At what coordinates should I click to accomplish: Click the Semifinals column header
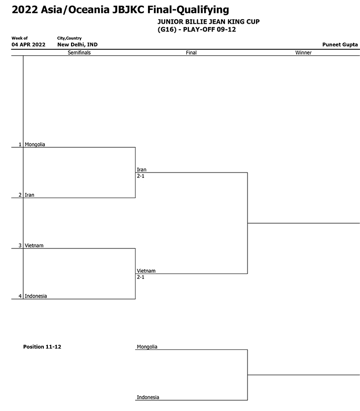(x=79, y=52)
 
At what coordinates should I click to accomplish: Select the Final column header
(x=191, y=52)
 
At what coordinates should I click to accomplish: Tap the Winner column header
(x=303, y=52)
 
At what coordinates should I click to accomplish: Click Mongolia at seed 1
(x=35, y=144)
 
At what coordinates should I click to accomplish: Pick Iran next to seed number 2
(x=30, y=195)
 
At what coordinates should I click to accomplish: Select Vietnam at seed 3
(x=34, y=245)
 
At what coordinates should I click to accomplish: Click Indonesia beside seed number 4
(x=36, y=296)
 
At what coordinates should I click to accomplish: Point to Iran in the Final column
(x=142, y=170)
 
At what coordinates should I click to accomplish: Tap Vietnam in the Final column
(x=146, y=271)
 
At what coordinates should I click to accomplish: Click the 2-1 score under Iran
(x=141, y=176)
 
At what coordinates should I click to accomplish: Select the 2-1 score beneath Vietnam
(x=141, y=277)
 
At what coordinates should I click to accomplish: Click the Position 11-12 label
(x=42, y=347)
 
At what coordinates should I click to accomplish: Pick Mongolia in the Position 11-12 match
(x=147, y=347)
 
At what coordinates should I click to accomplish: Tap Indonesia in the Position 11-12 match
(x=148, y=397)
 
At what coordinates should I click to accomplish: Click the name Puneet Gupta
(x=340, y=44)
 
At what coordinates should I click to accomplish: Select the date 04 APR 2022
(x=28, y=44)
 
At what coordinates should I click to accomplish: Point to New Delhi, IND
(x=77, y=44)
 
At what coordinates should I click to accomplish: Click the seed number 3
(x=20, y=245)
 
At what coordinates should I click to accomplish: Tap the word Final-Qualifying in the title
(x=188, y=10)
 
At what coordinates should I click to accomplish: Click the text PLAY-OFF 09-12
(x=210, y=30)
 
